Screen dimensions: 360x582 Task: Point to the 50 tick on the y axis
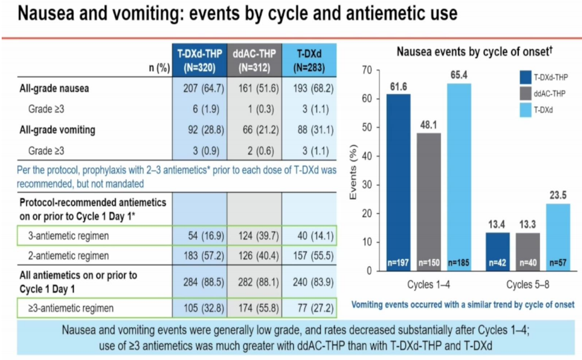(x=367, y=128)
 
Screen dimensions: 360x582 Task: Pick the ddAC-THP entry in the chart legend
(x=550, y=94)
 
